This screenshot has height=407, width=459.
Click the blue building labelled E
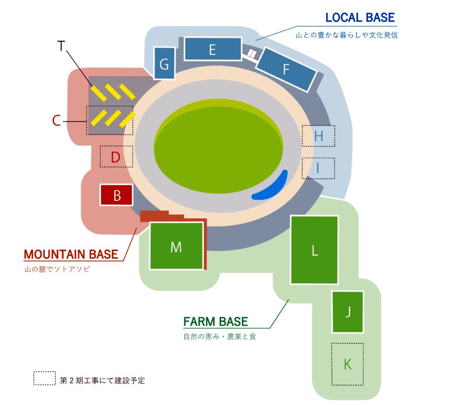coord(213,49)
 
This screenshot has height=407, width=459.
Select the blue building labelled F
coord(286,69)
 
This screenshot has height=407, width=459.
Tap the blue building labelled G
coord(164,63)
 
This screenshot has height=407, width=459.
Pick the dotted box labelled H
coord(318,136)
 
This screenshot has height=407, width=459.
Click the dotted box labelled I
coord(318,168)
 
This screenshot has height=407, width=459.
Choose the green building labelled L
coord(315,250)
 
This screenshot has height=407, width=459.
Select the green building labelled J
coord(348,312)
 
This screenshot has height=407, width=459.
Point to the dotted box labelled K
coord(348,364)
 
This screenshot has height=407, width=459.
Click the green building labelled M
coord(176,246)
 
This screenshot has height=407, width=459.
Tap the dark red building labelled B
coord(117,195)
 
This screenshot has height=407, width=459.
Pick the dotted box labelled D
coord(116,157)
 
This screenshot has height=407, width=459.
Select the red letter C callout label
coord(57,121)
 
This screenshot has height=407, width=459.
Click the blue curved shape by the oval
coord(270,187)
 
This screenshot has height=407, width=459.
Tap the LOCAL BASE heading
coord(360,18)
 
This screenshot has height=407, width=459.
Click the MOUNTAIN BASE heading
coord(71,254)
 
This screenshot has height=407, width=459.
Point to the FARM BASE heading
coord(215,322)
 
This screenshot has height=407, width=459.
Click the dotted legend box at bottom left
coord(44,378)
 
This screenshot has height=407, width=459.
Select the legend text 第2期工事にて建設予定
coord(102,380)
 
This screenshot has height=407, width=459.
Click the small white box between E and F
coord(252,53)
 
